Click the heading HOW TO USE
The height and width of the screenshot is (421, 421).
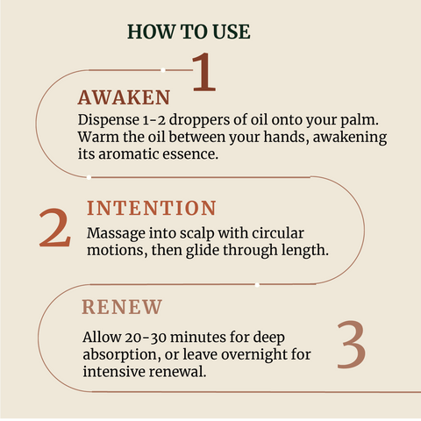(x=189, y=32)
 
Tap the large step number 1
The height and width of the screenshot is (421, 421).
(x=204, y=72)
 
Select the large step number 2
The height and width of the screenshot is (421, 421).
(x=55, y=227)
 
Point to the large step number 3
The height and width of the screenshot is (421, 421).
(x=351, y=345)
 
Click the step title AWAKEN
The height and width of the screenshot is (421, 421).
(x=124, y=97)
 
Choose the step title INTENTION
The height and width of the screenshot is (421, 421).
(x=152, y=208)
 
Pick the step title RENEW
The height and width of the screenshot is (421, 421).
(x=122, y=307)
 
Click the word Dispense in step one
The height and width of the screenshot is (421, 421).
(x=109, y=120)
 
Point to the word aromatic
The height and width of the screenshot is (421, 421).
(x=129, y=154)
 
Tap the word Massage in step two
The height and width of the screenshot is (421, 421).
(x=116, y=234)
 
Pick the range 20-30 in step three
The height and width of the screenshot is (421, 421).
(x=146, y=338)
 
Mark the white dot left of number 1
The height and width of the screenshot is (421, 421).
(x=163, y=70)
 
